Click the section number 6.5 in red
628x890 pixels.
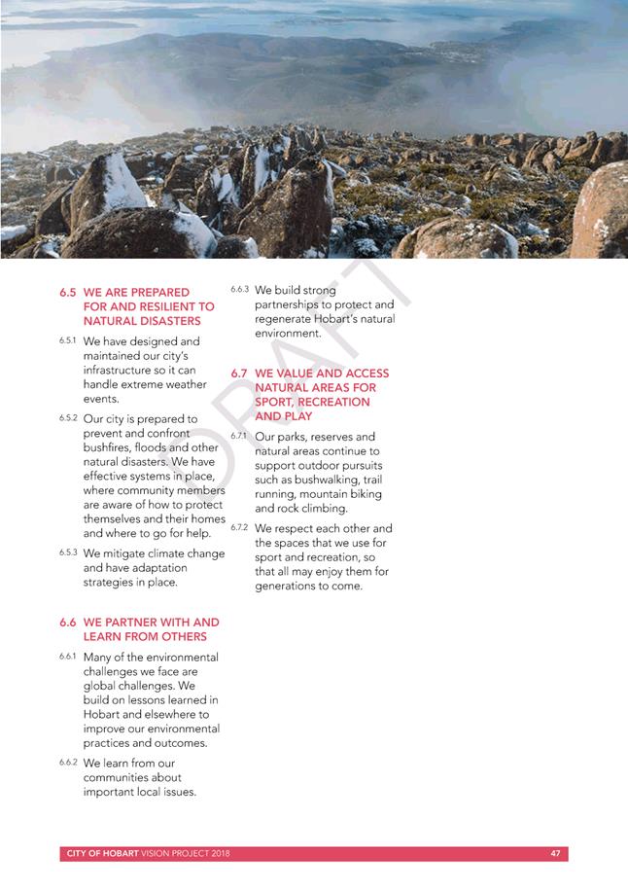click(x=67, y=292)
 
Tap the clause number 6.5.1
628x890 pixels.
click(x=67, y=341)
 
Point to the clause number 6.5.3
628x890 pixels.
click(x=67, y=552)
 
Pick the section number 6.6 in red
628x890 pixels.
click(x=67, y=623)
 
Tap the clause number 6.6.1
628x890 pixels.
click(x=67, y=658)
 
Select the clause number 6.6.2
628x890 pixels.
click(x=67, y=763)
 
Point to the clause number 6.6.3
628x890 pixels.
click(x=239, y=290)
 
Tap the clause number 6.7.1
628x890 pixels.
click(x=239, y=436)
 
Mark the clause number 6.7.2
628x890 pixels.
click(x=239, y=527)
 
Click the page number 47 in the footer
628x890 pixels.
click(x=555, y=854)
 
